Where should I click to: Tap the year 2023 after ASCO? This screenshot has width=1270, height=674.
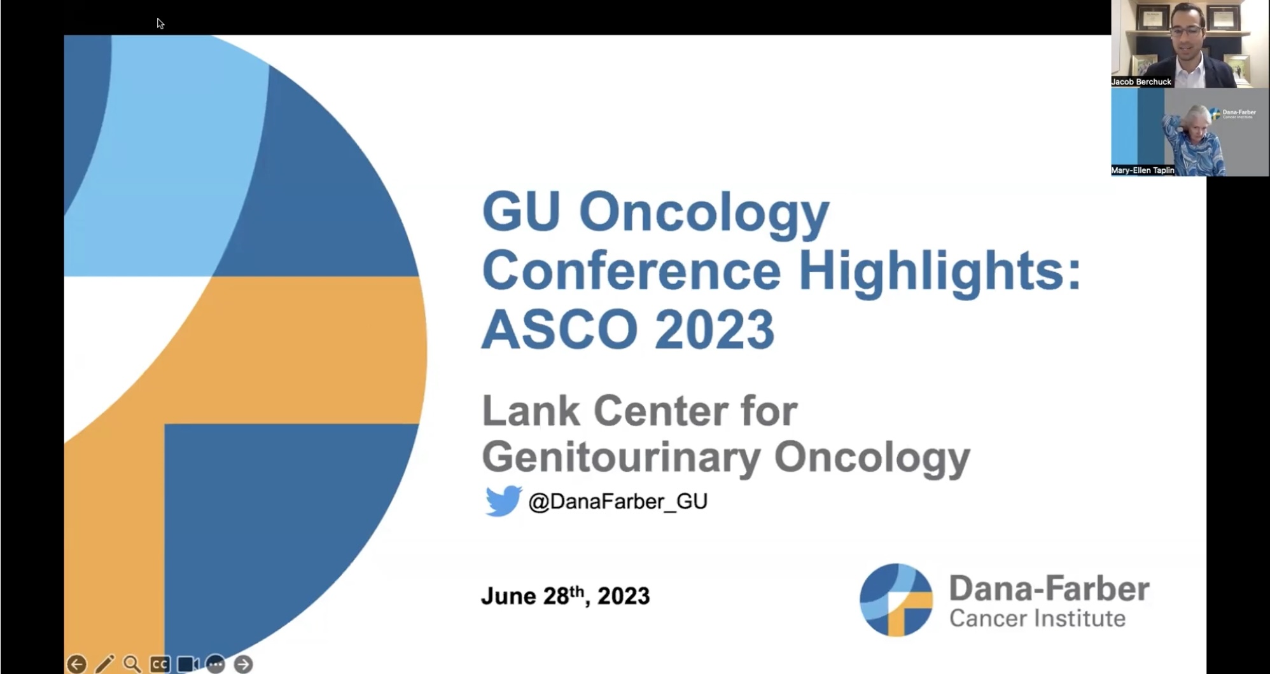(715, 329)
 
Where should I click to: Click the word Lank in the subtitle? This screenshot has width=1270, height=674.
(531, 411)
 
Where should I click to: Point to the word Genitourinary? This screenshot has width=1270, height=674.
(621, 457)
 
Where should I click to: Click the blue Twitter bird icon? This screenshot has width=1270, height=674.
(503, 501)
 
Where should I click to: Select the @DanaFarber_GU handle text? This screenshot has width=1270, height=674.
(618, 502)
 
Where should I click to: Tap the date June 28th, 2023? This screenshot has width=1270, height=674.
(565, 596)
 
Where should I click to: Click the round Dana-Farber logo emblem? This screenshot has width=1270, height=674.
(896, 600)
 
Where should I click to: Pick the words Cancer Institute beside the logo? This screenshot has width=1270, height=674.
(1037, 618)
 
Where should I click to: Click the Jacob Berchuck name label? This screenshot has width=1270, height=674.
(1141, 82)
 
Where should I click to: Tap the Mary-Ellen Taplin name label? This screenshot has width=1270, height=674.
(1143, 170)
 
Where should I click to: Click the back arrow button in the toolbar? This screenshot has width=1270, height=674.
(76, 664)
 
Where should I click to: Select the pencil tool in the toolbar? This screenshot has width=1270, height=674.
(104, 664)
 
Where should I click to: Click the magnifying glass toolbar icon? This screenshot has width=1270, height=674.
(132, 664)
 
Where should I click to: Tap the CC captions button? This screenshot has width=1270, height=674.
(160, 664)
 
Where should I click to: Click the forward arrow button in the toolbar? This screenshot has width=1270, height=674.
(243, 664)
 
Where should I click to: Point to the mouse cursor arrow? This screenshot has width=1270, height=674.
(160, 24)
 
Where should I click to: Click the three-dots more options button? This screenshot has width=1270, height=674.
(215, 664)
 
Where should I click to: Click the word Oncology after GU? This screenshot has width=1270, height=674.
(704, 213)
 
